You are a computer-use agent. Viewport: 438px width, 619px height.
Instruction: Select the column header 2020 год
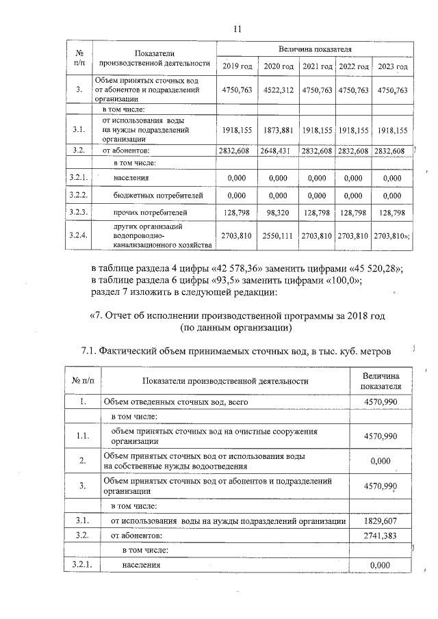[x=278, y=66]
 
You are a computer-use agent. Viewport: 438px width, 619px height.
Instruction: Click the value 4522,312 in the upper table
[x=278, y=90]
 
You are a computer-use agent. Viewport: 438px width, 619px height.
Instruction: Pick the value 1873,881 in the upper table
[x=278, y=129]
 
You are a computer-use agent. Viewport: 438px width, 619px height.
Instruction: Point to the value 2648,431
[x=278, y=150]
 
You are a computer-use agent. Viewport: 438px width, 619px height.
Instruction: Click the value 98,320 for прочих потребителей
[x=278, y=213]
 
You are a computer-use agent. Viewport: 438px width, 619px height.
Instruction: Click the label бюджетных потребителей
[x=158, y=196]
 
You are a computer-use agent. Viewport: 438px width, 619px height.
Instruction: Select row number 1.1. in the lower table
[x=82, y=436]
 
